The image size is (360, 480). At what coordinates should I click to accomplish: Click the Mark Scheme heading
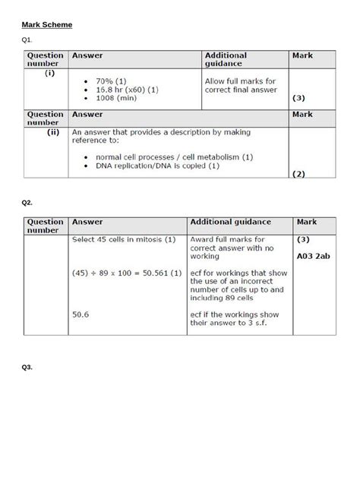point(47,25)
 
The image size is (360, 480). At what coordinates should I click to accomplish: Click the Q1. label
point(27,39)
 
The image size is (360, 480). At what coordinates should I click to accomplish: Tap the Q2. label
point(27,203)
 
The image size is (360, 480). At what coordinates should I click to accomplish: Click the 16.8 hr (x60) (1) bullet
point(125,89)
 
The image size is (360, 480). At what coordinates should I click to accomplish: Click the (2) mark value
point(298,174)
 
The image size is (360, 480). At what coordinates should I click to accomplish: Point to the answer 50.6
point(81,314)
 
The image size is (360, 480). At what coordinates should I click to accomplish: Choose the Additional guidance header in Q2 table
point(230,222)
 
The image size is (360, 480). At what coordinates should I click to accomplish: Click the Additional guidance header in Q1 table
point(226,60)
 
